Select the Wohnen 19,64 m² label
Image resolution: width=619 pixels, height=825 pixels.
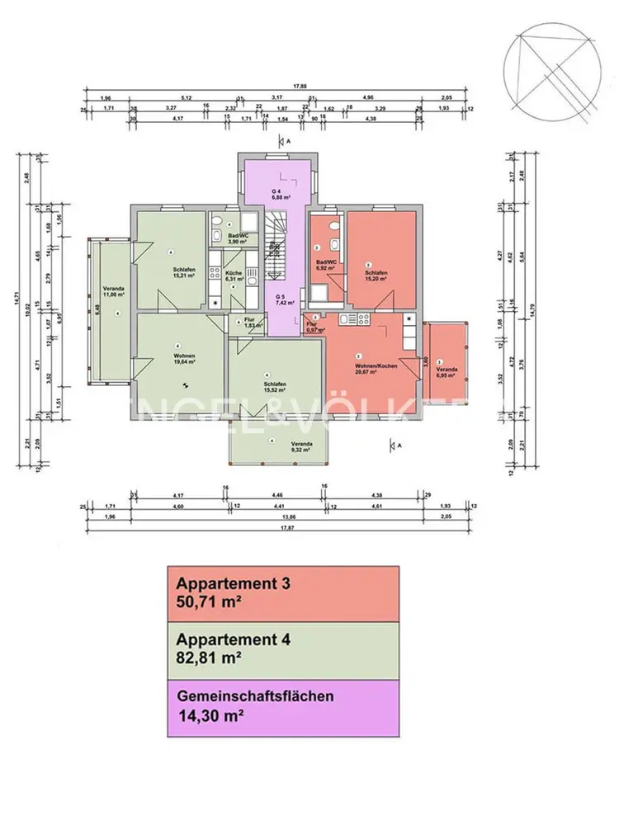184,359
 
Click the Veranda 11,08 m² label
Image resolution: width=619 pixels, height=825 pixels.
114,290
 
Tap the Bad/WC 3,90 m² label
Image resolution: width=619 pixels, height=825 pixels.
238,238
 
